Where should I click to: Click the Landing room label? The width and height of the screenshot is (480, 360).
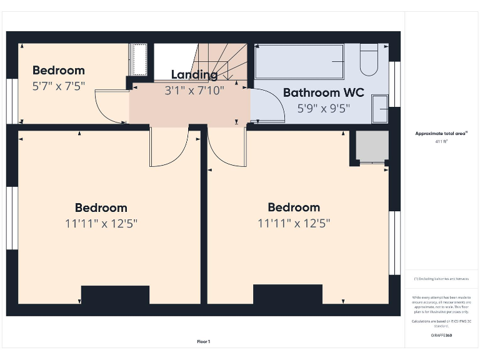pyautogui.click(x=194, y=75)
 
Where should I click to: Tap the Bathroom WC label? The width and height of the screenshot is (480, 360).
pyautogui.click(x=323, y=92)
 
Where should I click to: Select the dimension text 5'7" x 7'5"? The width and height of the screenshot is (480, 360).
pyautogui.click(x=58, y=86)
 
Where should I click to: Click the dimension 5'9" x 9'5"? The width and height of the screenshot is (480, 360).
pyautogui.click(x=323, y=107)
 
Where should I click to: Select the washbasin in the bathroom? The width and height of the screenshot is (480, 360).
pyautogui.click(x=379, y=108)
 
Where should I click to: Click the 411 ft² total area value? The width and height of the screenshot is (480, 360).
pyautogui.click(x=441, y=142)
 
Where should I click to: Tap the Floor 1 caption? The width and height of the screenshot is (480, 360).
pyautogui.click(x=204, y=341)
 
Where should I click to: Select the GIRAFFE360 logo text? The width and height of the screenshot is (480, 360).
pyautogui.click(x=441, y=336)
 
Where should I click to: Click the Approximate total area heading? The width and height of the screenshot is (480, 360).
pyautogui.click(x=441, y=133)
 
